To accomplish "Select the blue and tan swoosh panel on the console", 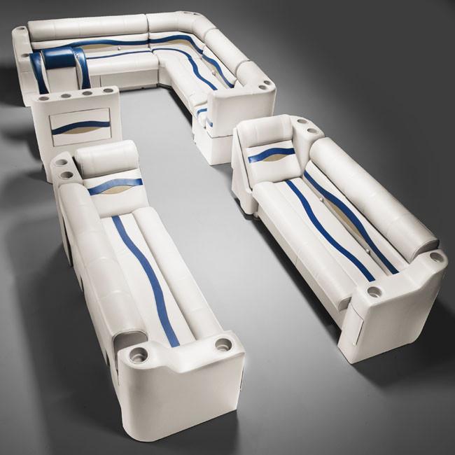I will (x=80, y=126).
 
